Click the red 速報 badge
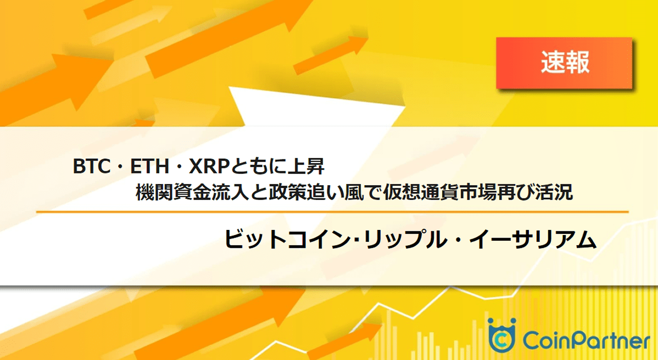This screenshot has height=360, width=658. [x=564, y=63]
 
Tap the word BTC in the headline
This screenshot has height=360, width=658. [x=92, y=166]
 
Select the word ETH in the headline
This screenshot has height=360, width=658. [x=150, y=166]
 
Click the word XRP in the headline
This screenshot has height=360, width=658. [x=209, y=166]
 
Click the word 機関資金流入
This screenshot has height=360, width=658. [x=192, y=192]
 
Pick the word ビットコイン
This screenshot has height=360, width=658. [x=287, y=239]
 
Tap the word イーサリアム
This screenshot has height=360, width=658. [x=533, y=239]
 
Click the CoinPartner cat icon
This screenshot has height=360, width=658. [x=502, y=335]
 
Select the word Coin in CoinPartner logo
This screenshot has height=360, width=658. [x=544, y=340]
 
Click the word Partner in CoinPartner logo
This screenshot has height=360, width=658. [x=608, y=340]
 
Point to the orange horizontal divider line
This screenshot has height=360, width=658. [x=332, y=211]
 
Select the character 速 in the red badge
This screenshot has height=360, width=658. [x=552, y=62]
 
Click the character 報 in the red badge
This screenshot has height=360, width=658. [x=577, y=62]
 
